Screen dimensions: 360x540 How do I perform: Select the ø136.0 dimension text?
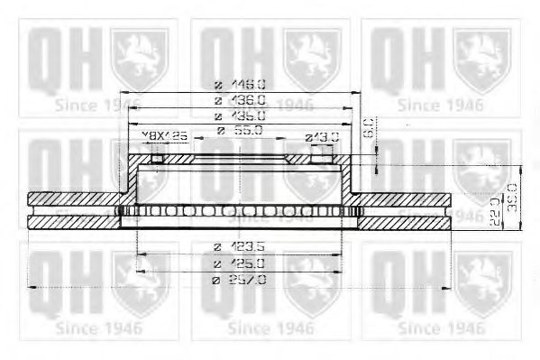coord(239,99)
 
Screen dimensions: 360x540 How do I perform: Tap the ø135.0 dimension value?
coord(239,116)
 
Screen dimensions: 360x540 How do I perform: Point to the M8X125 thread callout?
coord(164,136)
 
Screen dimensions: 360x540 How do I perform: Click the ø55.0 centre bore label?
coord(239,132)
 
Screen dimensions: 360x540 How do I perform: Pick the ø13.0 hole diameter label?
coord(322,137)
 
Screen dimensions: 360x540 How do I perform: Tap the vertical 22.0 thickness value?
coord(495,210)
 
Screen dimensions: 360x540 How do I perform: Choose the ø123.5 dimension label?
coord(239,246)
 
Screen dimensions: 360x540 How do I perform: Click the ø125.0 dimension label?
coord(239,263)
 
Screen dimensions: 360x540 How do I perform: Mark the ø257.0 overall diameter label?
coord(239,280)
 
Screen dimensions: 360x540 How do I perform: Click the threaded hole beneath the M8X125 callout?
coord(159,160)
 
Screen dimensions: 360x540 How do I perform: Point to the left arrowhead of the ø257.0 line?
coord(32,288)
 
